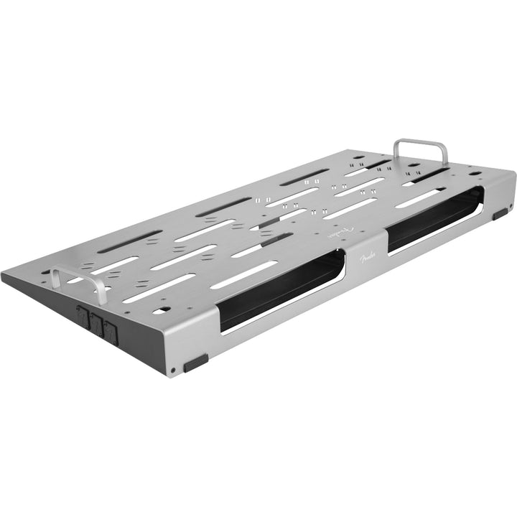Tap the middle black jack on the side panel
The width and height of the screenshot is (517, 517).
[x=95, y=322]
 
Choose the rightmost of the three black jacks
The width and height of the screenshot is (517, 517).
[x=110, y=331]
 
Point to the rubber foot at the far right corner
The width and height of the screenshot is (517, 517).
[x=500, y=213]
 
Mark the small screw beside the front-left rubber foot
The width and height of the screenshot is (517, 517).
[x=172, y=371]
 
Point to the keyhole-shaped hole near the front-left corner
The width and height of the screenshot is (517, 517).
[x=162, y=309]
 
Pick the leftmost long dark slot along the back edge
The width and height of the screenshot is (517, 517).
[x=129, y=241]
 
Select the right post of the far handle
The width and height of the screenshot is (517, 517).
[x=446, y=159]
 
